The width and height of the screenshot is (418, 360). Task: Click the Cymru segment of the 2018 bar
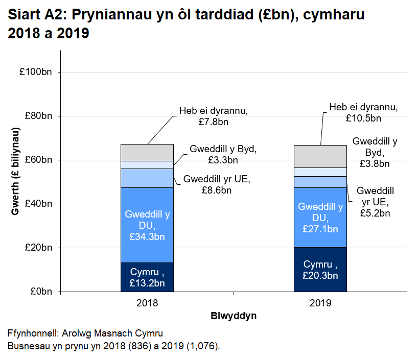click(x=147, y=277)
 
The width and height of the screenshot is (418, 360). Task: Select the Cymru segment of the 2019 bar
click(x=320, y=269)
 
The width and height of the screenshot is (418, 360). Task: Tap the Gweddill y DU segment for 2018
click(x=147, y=225)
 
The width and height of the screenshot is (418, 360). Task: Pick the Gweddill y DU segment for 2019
click(x=320, y=218)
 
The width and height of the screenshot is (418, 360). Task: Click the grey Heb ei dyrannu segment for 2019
click(x=320, y=156)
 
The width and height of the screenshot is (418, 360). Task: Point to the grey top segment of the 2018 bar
click(x=147, y=152)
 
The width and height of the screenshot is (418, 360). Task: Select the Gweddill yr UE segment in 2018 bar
click(x=147, y=178)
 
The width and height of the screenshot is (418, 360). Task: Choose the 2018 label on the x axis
click(x=147, y=303)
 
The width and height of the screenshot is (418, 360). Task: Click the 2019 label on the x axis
click(x=320, y=303)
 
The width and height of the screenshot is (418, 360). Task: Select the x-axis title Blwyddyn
click(x=234, y=316)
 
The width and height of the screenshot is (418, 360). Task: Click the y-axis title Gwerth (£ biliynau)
click(x=16, y=171)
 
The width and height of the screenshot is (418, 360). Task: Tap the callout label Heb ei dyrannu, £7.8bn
click(x=214, y=116)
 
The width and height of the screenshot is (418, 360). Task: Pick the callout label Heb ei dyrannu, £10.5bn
click(x=363, y=112)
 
